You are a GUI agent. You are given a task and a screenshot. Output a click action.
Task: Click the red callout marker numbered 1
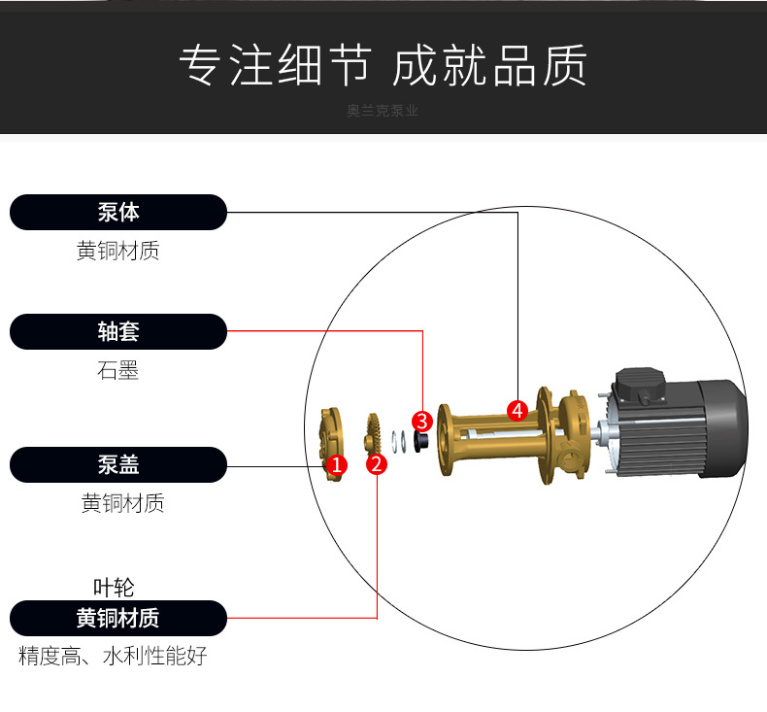coord(337,464)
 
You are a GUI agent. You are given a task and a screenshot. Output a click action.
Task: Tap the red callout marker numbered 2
coord(377,464)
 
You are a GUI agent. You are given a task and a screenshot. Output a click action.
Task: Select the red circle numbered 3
coord(422,422)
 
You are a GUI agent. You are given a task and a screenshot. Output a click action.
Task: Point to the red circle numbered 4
coord(517,411)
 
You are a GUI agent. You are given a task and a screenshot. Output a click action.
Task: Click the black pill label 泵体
coord(118,213)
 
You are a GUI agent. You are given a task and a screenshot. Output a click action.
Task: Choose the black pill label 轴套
coord(118,332)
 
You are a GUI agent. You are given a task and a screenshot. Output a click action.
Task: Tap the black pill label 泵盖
coord(118,465)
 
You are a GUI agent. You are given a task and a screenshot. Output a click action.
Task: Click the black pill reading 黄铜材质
coord(118,618)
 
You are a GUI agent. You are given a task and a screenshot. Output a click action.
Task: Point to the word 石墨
coord(117,370)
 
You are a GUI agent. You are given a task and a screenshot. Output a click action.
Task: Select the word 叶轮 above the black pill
coord(114,588)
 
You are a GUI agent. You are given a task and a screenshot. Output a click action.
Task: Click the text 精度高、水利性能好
coord(113,656)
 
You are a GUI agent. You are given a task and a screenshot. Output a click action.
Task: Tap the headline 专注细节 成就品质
coord(383,65)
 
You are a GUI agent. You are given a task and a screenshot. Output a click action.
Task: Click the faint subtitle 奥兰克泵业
coord(383,111)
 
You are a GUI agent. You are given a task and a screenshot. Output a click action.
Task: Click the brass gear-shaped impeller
coord(373,435)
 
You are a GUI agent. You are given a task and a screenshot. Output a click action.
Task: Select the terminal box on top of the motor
coord(641,387)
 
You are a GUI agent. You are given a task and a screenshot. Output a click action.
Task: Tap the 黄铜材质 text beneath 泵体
coord(118,251)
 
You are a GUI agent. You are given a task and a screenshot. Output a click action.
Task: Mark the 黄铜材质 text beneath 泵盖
coord(122,503)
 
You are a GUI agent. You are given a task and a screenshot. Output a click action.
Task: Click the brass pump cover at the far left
coord(331,444)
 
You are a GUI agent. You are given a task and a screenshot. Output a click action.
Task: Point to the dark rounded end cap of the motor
coord(724,427)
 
